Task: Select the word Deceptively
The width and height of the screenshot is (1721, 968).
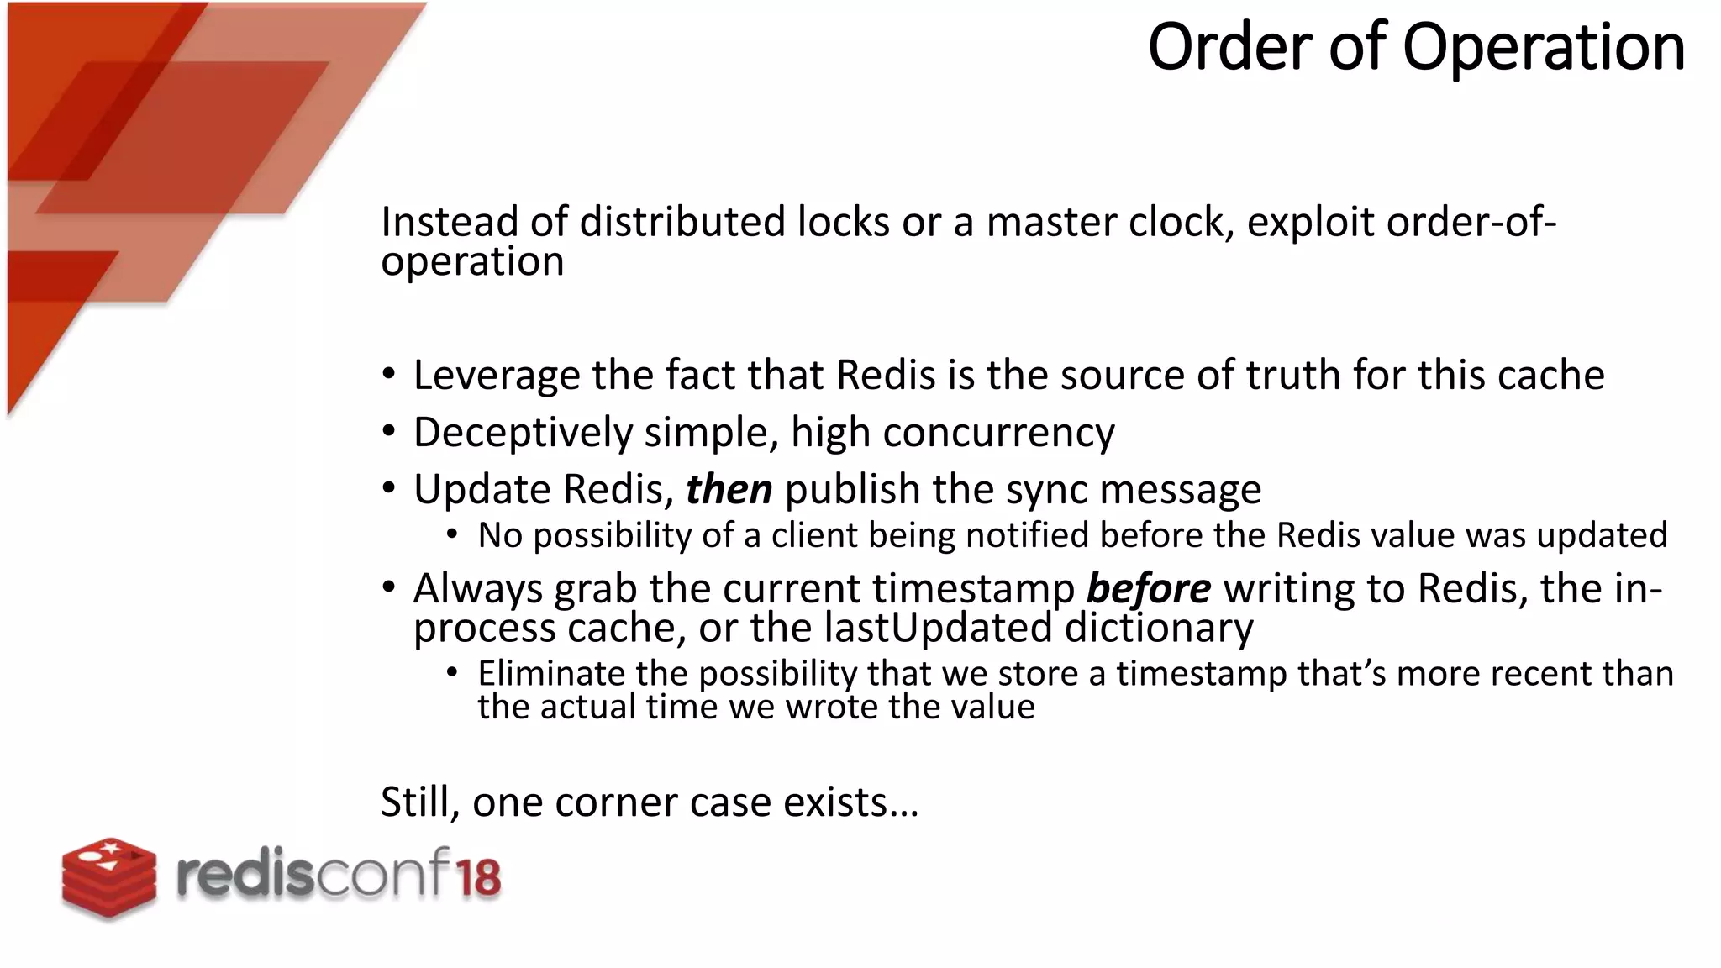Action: point(523,433)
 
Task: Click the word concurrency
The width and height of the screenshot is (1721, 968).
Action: point(998,433)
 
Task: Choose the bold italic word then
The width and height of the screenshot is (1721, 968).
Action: point(729,489)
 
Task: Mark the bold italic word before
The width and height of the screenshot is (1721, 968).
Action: point(1148,588)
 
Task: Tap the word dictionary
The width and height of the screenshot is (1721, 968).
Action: point(1159,628)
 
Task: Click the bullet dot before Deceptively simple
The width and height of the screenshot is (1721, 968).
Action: point(388,432)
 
